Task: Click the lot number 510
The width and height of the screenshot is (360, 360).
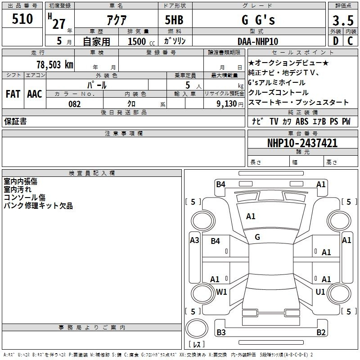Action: [22, 19]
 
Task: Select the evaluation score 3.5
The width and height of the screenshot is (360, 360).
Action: [342, 21]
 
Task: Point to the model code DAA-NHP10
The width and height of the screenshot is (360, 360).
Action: [258, 41]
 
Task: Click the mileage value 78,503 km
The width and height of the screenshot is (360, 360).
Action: [54, 64]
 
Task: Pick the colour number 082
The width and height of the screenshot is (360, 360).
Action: [75, 104]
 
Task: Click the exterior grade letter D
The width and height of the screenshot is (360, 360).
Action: [335, 41]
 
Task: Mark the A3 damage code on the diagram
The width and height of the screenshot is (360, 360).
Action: [194, 240]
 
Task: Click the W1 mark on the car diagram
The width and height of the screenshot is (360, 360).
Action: [221, 292]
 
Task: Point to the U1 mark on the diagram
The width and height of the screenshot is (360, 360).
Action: [320, 292]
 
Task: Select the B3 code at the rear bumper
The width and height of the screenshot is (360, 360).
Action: [221, 332]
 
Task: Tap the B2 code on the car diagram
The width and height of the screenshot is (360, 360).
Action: [321, 332]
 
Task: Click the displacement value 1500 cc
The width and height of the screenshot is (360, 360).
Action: [139, 41]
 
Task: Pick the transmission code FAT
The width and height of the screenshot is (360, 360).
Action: [13, 94]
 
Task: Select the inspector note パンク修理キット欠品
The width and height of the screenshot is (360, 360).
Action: [38, 206]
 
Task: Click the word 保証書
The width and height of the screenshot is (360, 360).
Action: [15, 121]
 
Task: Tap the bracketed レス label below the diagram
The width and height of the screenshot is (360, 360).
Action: [196, 345]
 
